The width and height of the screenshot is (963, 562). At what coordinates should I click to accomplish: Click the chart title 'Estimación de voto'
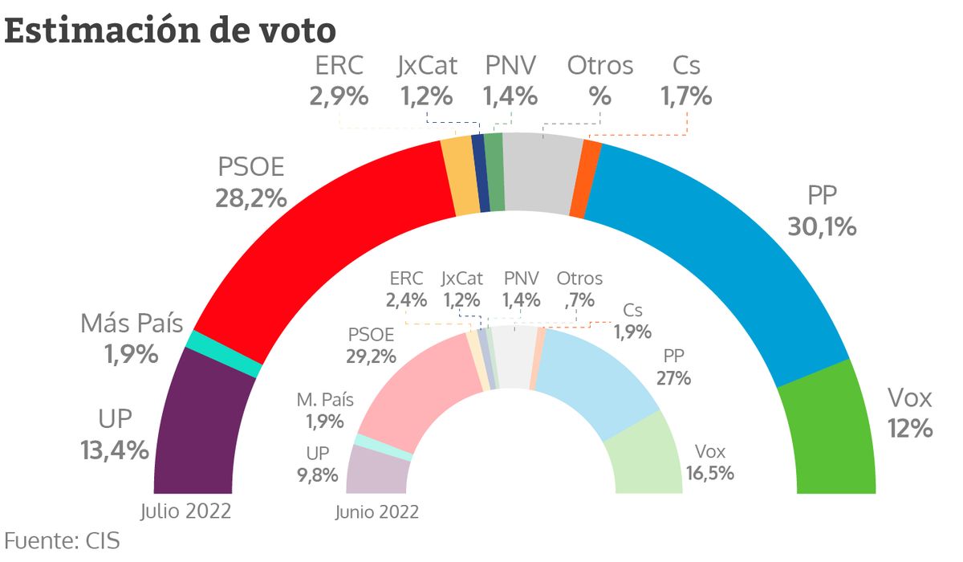[x=170, y=31]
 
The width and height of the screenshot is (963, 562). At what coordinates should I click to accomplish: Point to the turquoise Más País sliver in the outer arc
[x=224, y=354]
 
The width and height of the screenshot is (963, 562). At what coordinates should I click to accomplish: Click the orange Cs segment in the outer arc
[x=586, y=178]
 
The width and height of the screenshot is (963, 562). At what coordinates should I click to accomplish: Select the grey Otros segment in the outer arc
[x=542, y=173]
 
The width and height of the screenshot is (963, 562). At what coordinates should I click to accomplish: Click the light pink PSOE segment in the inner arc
[x=415, y=387]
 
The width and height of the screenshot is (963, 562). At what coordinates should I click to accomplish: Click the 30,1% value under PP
[x=822, y=226]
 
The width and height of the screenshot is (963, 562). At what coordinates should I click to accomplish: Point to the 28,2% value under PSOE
[x=251, y=198]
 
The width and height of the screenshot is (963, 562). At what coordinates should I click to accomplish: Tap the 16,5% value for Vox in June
[x=709, y=474]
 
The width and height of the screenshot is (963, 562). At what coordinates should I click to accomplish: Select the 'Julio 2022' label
[x=185, y=511]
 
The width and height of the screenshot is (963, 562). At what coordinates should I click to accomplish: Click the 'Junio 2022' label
[x=377, y=512]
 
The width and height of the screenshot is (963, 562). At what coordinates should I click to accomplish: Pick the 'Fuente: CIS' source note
[x=62, y=541]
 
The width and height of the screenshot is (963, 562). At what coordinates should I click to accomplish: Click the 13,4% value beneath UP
[x=115, y=450]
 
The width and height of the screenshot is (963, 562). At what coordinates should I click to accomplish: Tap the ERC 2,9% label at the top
[x=339, y=80]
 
